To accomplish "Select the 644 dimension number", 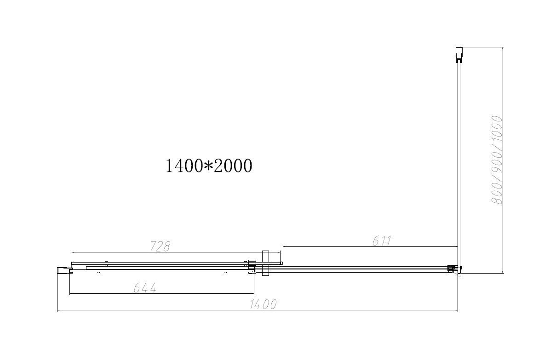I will coord(145,288).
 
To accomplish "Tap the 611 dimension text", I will coord(381,240).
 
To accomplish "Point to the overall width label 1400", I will coord(263,304).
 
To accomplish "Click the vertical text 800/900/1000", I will coord(497,160).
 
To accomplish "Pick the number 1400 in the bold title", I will coord(183,166).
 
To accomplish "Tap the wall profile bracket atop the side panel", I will coord(458,54).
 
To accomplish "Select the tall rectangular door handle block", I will coord(265,263).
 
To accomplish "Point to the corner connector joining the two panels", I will coord(453,269).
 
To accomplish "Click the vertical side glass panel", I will coord(458,161).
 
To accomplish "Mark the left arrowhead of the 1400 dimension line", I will coord(57,310).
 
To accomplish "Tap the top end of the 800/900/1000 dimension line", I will coord(503,47).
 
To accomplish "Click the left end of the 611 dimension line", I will coord(283,247).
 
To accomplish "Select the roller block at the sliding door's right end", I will coord(251,267).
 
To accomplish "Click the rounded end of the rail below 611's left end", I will coord(281,263).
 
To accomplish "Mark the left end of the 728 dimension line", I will coord(72,252).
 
